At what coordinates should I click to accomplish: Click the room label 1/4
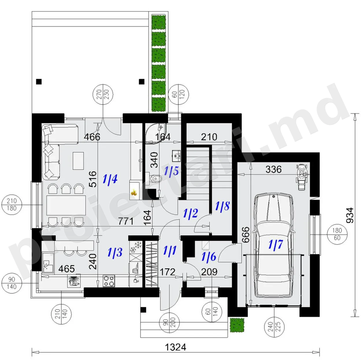[110, 178]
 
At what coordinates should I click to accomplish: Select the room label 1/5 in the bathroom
[172, 171]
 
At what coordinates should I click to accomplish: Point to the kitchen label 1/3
[115, 252]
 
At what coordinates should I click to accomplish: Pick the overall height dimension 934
[350, 215]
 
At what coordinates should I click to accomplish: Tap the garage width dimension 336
[273, 169]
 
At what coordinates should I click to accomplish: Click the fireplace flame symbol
[134, 192]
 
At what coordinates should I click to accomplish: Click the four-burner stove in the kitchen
[109, 281]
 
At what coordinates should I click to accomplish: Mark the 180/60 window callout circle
[337, 234]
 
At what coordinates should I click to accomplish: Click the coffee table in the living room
[78, 161]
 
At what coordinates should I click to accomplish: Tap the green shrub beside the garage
[237, 325]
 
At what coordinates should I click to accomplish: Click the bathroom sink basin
[176, 156]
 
